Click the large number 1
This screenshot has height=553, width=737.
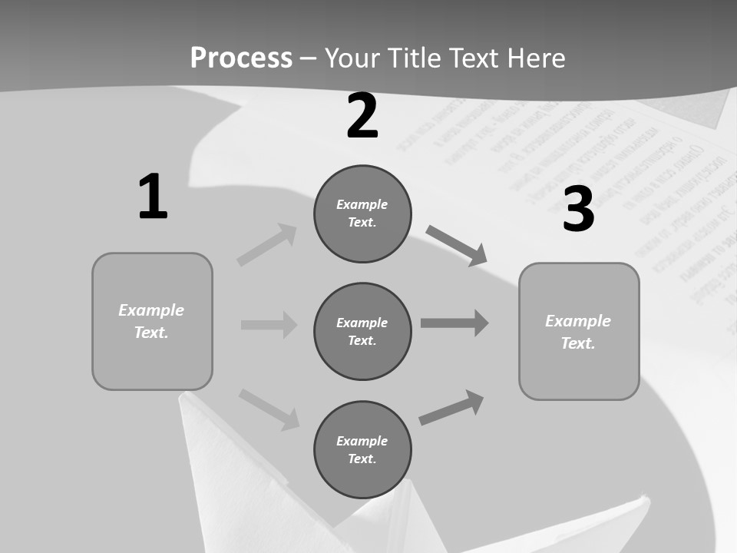tap(153, 197)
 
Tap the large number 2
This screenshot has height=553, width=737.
tap(362, 116)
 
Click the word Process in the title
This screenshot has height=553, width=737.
tap(241, 58)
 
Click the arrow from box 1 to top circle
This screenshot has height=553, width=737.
tap(267, 245)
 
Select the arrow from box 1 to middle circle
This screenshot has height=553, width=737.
tap(269, 325)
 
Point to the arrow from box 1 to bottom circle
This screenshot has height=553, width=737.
tap(269, 409)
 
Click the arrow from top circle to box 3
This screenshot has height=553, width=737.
tap(457, 245)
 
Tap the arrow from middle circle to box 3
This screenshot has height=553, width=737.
tap(454, 323)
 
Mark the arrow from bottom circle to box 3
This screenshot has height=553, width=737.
tap(451, 408)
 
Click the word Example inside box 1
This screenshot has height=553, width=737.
tap(151, 310)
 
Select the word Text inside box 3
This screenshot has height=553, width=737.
tap(577, 343)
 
